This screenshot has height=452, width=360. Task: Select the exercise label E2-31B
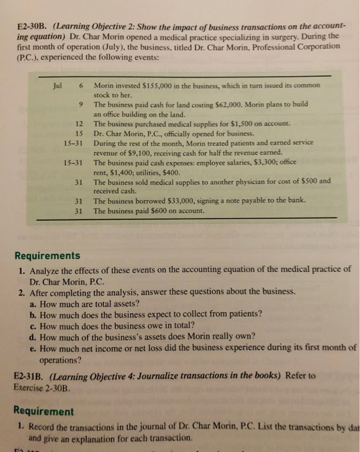tap(26, 375)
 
